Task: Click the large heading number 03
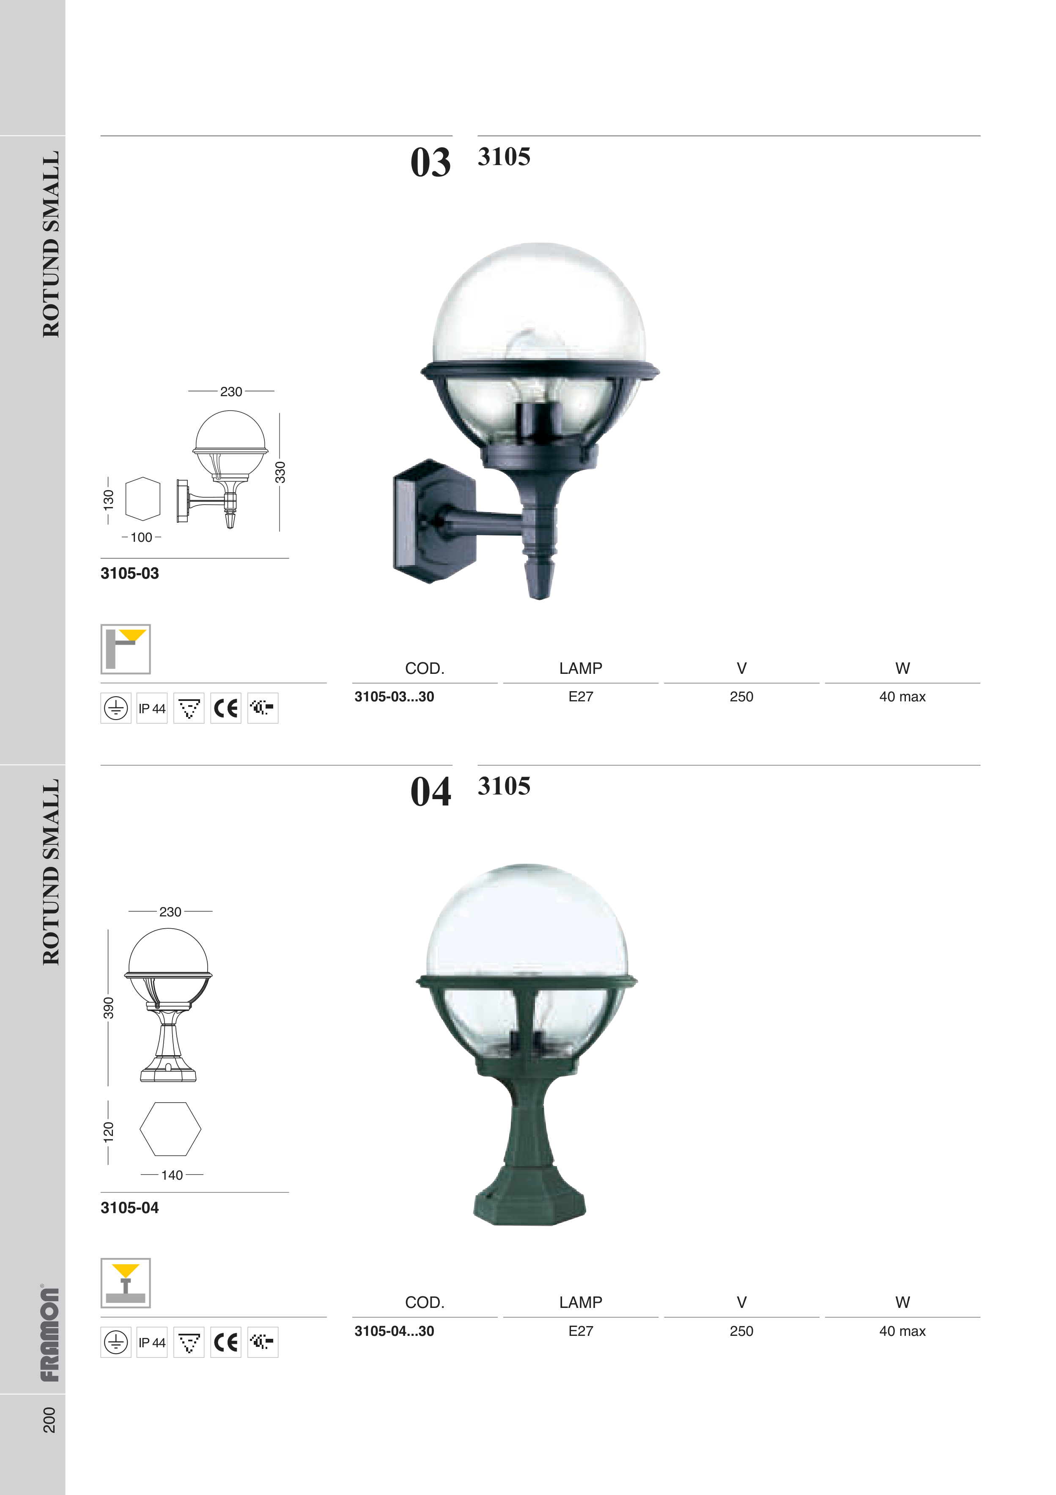(x=430, y=163)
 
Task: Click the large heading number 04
(x=430, y=792)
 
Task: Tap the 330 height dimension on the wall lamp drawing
(x=280, y=472)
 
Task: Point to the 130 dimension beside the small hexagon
(x=108, y=499)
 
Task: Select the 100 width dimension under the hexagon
(x=141, y=537)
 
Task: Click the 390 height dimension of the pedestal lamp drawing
(x=108, y=1007)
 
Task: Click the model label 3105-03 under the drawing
(x=129, y=574)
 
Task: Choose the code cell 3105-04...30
(x=394, y=1331)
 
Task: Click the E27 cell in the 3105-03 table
(x=580, y=697)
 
